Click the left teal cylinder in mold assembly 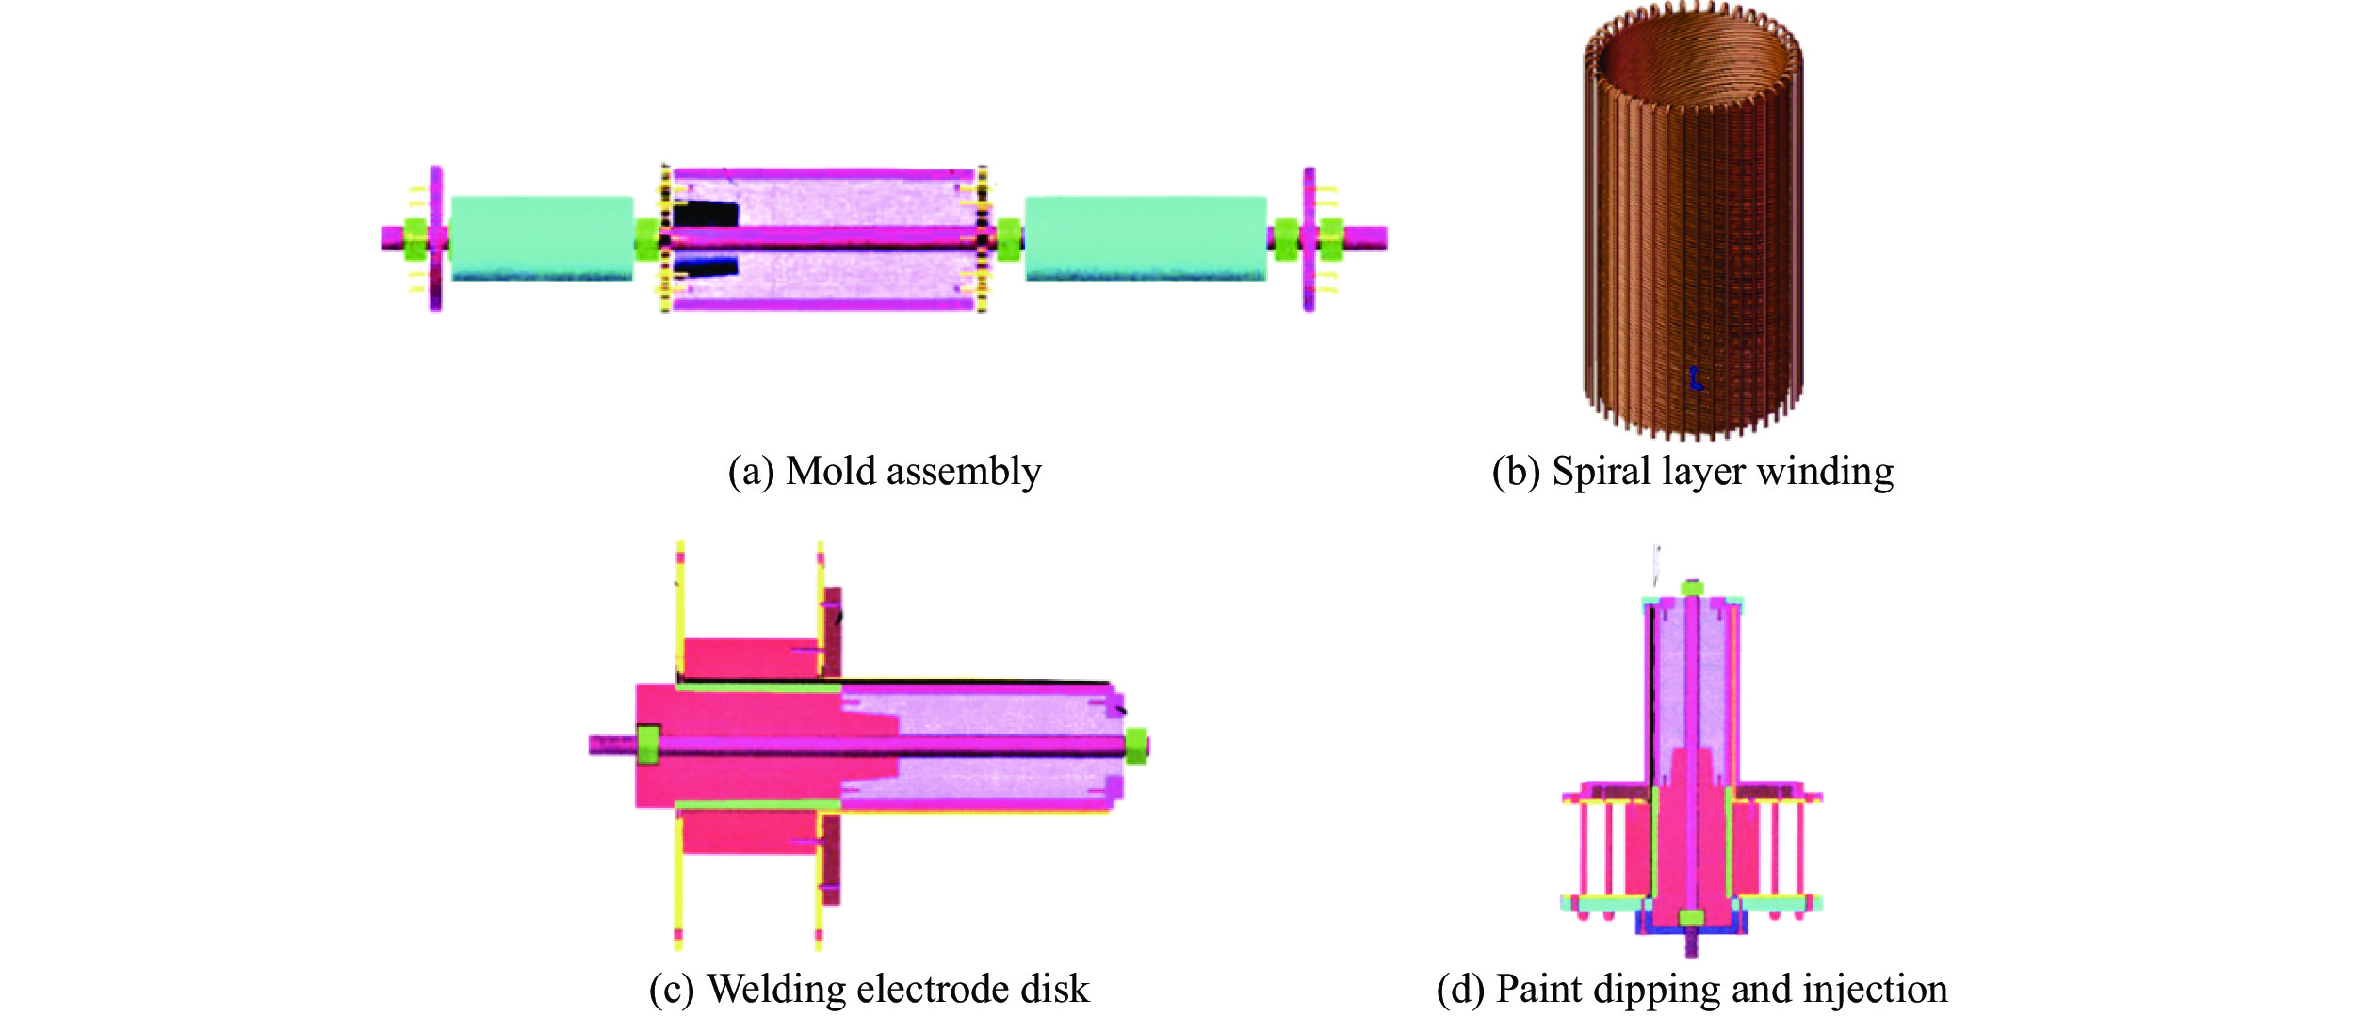[542, 238]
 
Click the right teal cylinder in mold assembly [1145, 238]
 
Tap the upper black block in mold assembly [705, 215]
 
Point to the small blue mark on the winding [1696, 379]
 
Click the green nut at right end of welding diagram [1136, 746]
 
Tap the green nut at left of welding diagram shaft [647, 745]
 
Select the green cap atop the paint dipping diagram [1692, 588]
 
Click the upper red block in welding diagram [749, 658]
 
